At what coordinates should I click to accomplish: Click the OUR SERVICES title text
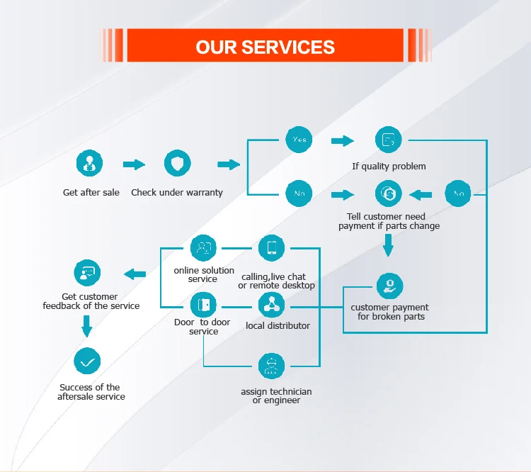coord(265,47)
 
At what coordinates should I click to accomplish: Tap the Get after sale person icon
coord(90,164)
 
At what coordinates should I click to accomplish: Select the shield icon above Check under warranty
coord(177,164)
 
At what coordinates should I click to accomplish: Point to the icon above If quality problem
coord(388,140)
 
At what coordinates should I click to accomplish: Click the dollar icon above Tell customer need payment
coord(388,193)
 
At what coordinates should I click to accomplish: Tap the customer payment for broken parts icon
coord(389,286)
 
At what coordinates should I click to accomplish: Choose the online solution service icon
coord(203,248)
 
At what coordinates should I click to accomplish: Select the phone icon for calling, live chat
coord(271,248)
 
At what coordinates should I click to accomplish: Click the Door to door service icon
coord(204,305)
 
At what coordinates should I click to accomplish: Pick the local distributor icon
coord(271,305)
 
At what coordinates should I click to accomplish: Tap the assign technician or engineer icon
coord(271,366)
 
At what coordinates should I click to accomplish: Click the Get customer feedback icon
coord(88,273)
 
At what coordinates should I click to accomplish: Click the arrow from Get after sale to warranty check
coord(134,164)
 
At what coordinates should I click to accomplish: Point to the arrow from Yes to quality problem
coord(343,140)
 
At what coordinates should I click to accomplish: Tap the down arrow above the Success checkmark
coord(87,325)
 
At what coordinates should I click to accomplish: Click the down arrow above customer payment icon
coord(388,245)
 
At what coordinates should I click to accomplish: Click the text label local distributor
coord(278,325)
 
